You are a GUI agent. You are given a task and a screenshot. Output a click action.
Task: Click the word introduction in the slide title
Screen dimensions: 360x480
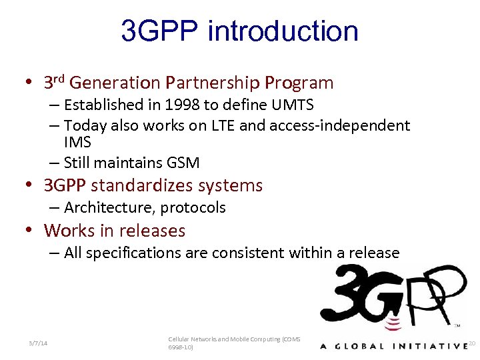[283, 31]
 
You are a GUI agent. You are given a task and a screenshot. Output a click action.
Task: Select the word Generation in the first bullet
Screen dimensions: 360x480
[115, 83]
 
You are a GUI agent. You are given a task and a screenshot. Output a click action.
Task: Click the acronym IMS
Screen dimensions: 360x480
[77, 143]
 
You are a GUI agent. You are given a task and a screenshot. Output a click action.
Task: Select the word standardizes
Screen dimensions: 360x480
[143, 185]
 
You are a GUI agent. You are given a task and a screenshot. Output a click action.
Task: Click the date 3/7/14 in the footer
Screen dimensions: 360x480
[38, 343]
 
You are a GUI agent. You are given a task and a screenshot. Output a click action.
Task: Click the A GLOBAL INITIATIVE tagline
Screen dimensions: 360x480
[393, 345]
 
